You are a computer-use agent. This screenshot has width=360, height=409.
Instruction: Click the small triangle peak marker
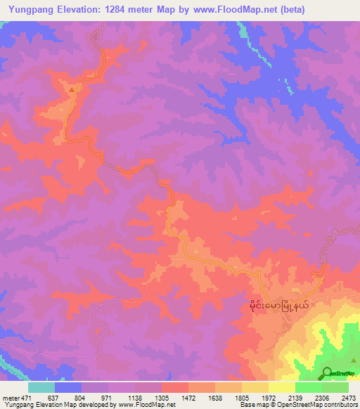click(x=71, y=89)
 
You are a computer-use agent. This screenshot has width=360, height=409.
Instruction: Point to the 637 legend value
click(x=54, y=397)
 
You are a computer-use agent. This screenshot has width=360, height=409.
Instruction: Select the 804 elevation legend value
click(x=81, y=397)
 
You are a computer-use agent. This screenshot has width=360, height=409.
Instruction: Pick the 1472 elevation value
click(x=188, y=397)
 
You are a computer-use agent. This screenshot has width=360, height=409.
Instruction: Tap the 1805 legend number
click(x=241, y=397)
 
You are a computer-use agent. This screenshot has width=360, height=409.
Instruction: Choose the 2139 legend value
click(x=295, y=397)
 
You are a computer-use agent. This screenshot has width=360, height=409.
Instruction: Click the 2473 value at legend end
click(x=348, y=397)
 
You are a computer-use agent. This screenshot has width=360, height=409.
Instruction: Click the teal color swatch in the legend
click(x=41, y=387)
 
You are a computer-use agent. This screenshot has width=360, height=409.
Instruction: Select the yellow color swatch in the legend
click(x=281, y=387)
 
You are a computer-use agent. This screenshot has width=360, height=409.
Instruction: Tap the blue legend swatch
click(x=67, y=387)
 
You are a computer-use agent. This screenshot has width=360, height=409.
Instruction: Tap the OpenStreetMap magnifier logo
click(x=328, y=372)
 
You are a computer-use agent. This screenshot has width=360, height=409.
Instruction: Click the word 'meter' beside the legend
click(x=11, y=397)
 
